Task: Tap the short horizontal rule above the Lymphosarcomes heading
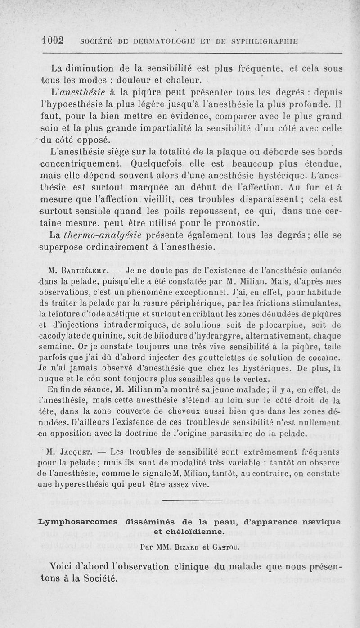pos(193,501)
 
